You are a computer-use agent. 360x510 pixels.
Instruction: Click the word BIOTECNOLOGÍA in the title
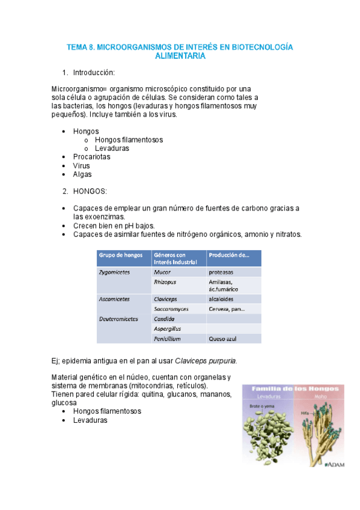[x=263, y=46]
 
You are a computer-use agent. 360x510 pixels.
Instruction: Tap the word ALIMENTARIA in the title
[x=180, y=56]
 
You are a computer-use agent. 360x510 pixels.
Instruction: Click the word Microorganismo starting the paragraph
[x=78, y=89]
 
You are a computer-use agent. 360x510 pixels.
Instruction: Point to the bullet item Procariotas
[x=91, y=156]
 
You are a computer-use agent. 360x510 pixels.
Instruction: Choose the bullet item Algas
[x=82, y=174]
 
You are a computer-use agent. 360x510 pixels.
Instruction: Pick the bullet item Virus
[x=82, y=165]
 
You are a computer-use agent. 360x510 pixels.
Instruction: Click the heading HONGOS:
[x=90, y=191]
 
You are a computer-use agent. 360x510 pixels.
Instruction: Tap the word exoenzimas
[x=90, y=217]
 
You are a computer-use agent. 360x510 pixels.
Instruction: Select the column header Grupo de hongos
[x=120, y=254]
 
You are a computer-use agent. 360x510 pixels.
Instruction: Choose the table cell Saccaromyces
[x=171, y=309]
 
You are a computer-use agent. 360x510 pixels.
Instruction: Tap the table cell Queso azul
[x=221, y=339]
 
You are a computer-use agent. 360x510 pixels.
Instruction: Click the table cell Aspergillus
[x=168, y=328]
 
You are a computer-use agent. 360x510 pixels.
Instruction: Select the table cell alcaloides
[x=222, y=298]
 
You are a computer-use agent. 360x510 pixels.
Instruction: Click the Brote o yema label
[x=261, y=406]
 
